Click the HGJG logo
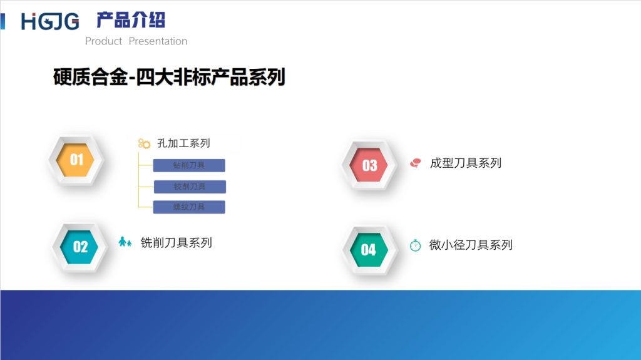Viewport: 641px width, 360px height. (x=50, y=21)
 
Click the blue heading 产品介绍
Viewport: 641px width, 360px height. (x=130, y=20)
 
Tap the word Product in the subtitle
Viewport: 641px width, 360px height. (x=103, y=41)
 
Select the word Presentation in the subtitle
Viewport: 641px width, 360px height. (x=158, y=41)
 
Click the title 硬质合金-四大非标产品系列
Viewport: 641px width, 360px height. (x=169, y=77)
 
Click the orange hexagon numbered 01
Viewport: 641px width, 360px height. (x=76, y=160)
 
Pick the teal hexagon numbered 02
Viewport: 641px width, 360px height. (x=80, y=247)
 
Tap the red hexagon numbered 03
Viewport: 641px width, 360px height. (x=369, y=165)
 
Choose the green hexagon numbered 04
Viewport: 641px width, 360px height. (x=369, y=250)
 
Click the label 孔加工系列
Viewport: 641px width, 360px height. (x=183, y=143)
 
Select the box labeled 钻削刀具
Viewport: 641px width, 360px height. (x=189, y=166)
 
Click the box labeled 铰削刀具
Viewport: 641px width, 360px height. (x=190, y=187)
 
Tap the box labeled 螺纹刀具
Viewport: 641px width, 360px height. (x=189, y=207)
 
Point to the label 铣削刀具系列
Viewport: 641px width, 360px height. (x=176, y=243)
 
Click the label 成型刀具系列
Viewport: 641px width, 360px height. (x=466, y=163)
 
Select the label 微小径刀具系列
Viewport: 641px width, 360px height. (x=471, y=245)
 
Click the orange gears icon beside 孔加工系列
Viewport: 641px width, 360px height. (x=145, y=143)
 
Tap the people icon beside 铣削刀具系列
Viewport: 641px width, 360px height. (x=125, y=242)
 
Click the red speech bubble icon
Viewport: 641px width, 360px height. (x=415, y=163)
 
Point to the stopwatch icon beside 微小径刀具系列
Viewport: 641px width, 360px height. (x=415, y=245)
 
